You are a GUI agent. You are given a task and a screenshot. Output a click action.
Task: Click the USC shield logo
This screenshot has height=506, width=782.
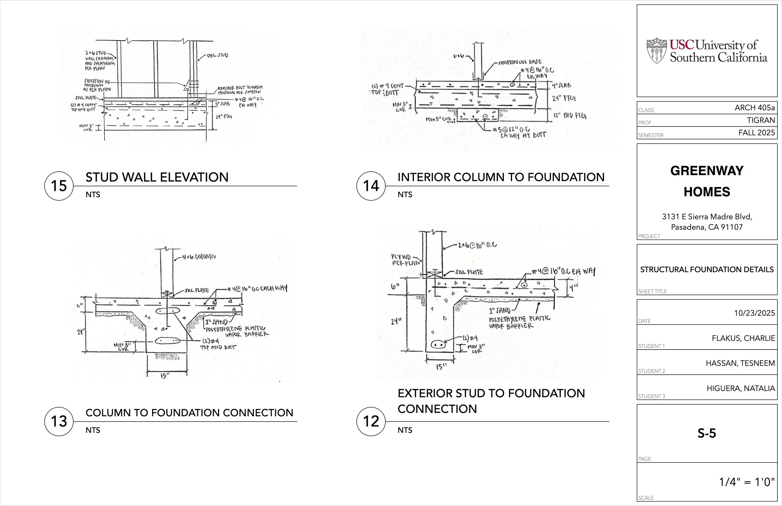[657, 51]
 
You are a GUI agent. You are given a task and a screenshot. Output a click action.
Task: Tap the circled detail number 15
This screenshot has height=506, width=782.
[59, 186]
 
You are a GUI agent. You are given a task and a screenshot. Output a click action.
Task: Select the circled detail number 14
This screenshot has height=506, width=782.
[371, 186]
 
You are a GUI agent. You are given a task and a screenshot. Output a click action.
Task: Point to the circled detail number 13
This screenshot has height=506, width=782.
[59, 422]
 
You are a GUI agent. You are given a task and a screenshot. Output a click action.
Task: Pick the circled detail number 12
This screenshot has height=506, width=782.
[371, 422]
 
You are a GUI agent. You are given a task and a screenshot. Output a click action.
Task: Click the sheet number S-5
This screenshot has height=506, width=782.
[707, 433]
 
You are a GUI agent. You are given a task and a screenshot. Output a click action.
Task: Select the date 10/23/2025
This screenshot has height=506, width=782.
[754, 313]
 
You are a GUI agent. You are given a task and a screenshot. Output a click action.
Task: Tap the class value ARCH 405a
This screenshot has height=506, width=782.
[754, 108]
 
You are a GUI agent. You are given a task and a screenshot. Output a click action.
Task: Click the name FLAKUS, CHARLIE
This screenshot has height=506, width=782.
[743, 338]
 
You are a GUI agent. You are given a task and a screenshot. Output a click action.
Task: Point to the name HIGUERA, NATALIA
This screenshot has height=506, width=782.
[741, 388]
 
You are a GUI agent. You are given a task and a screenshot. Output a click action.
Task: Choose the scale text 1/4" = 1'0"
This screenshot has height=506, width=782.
[747, 482]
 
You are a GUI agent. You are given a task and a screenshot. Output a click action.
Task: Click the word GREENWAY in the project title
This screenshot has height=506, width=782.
[707, 171]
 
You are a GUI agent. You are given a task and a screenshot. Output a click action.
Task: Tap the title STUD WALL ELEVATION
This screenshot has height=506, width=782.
[157, 177]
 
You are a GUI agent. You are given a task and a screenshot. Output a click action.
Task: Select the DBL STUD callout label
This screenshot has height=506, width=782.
[217, 55]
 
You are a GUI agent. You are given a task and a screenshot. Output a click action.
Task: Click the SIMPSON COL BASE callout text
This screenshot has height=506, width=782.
[520, 62]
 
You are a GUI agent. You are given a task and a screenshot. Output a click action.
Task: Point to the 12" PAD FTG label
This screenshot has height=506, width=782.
[570, 116]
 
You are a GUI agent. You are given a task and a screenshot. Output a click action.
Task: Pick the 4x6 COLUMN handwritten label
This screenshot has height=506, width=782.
[199, 257]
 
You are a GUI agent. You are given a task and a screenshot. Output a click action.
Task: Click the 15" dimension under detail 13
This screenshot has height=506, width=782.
[165, 376]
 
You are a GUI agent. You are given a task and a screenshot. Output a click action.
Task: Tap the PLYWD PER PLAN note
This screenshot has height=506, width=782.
[405, 260]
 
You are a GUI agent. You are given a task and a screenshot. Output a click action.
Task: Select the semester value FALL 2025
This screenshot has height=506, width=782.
[756, 133]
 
